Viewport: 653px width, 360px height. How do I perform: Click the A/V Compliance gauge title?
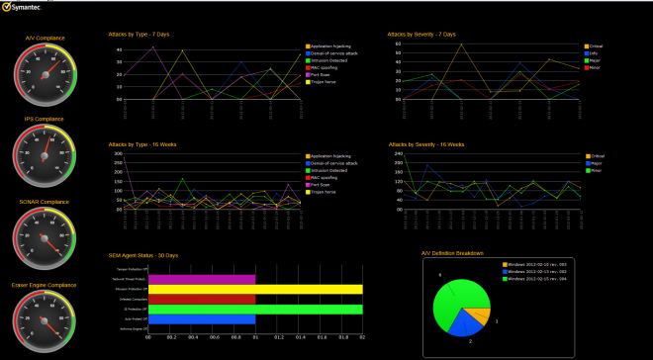pos(45,38)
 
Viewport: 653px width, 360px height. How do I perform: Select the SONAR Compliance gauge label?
pos(45,201)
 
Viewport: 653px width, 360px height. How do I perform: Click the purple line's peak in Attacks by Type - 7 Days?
pos(152,45)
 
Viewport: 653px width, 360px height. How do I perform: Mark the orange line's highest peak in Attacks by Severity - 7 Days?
pos(462,45)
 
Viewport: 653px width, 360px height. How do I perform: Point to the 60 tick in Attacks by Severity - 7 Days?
pos(397,44)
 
